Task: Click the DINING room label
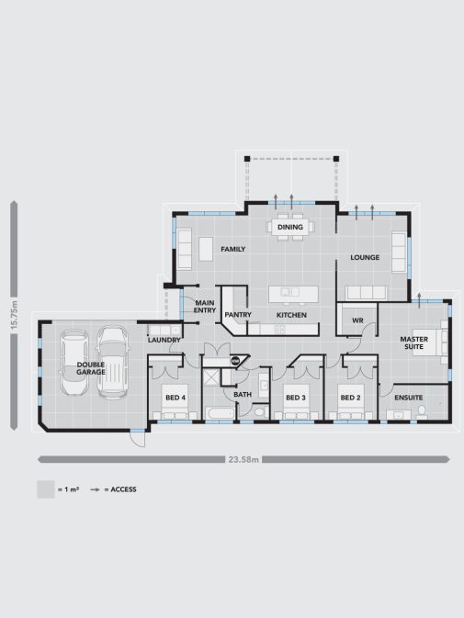click(290, 227)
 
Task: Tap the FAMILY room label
click(232, 249)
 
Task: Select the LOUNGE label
click(365, 257)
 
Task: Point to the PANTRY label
click(238, 315)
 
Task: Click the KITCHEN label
click(291, 315)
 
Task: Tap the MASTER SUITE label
click(413, 343)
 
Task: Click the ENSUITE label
click(408, 398)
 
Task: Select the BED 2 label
click(350, 398)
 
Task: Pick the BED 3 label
click(295, 398)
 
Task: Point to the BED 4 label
click(175, 398)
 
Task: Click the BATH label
click(243, 395)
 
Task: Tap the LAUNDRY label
click(164, 341)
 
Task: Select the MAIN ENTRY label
click(204, 306)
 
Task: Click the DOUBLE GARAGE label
click(91, 368)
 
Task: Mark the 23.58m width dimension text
click(243, 459)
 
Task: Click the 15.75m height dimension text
click(15, 317)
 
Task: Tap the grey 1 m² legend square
click(45, 489)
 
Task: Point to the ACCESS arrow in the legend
click(95, 489)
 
